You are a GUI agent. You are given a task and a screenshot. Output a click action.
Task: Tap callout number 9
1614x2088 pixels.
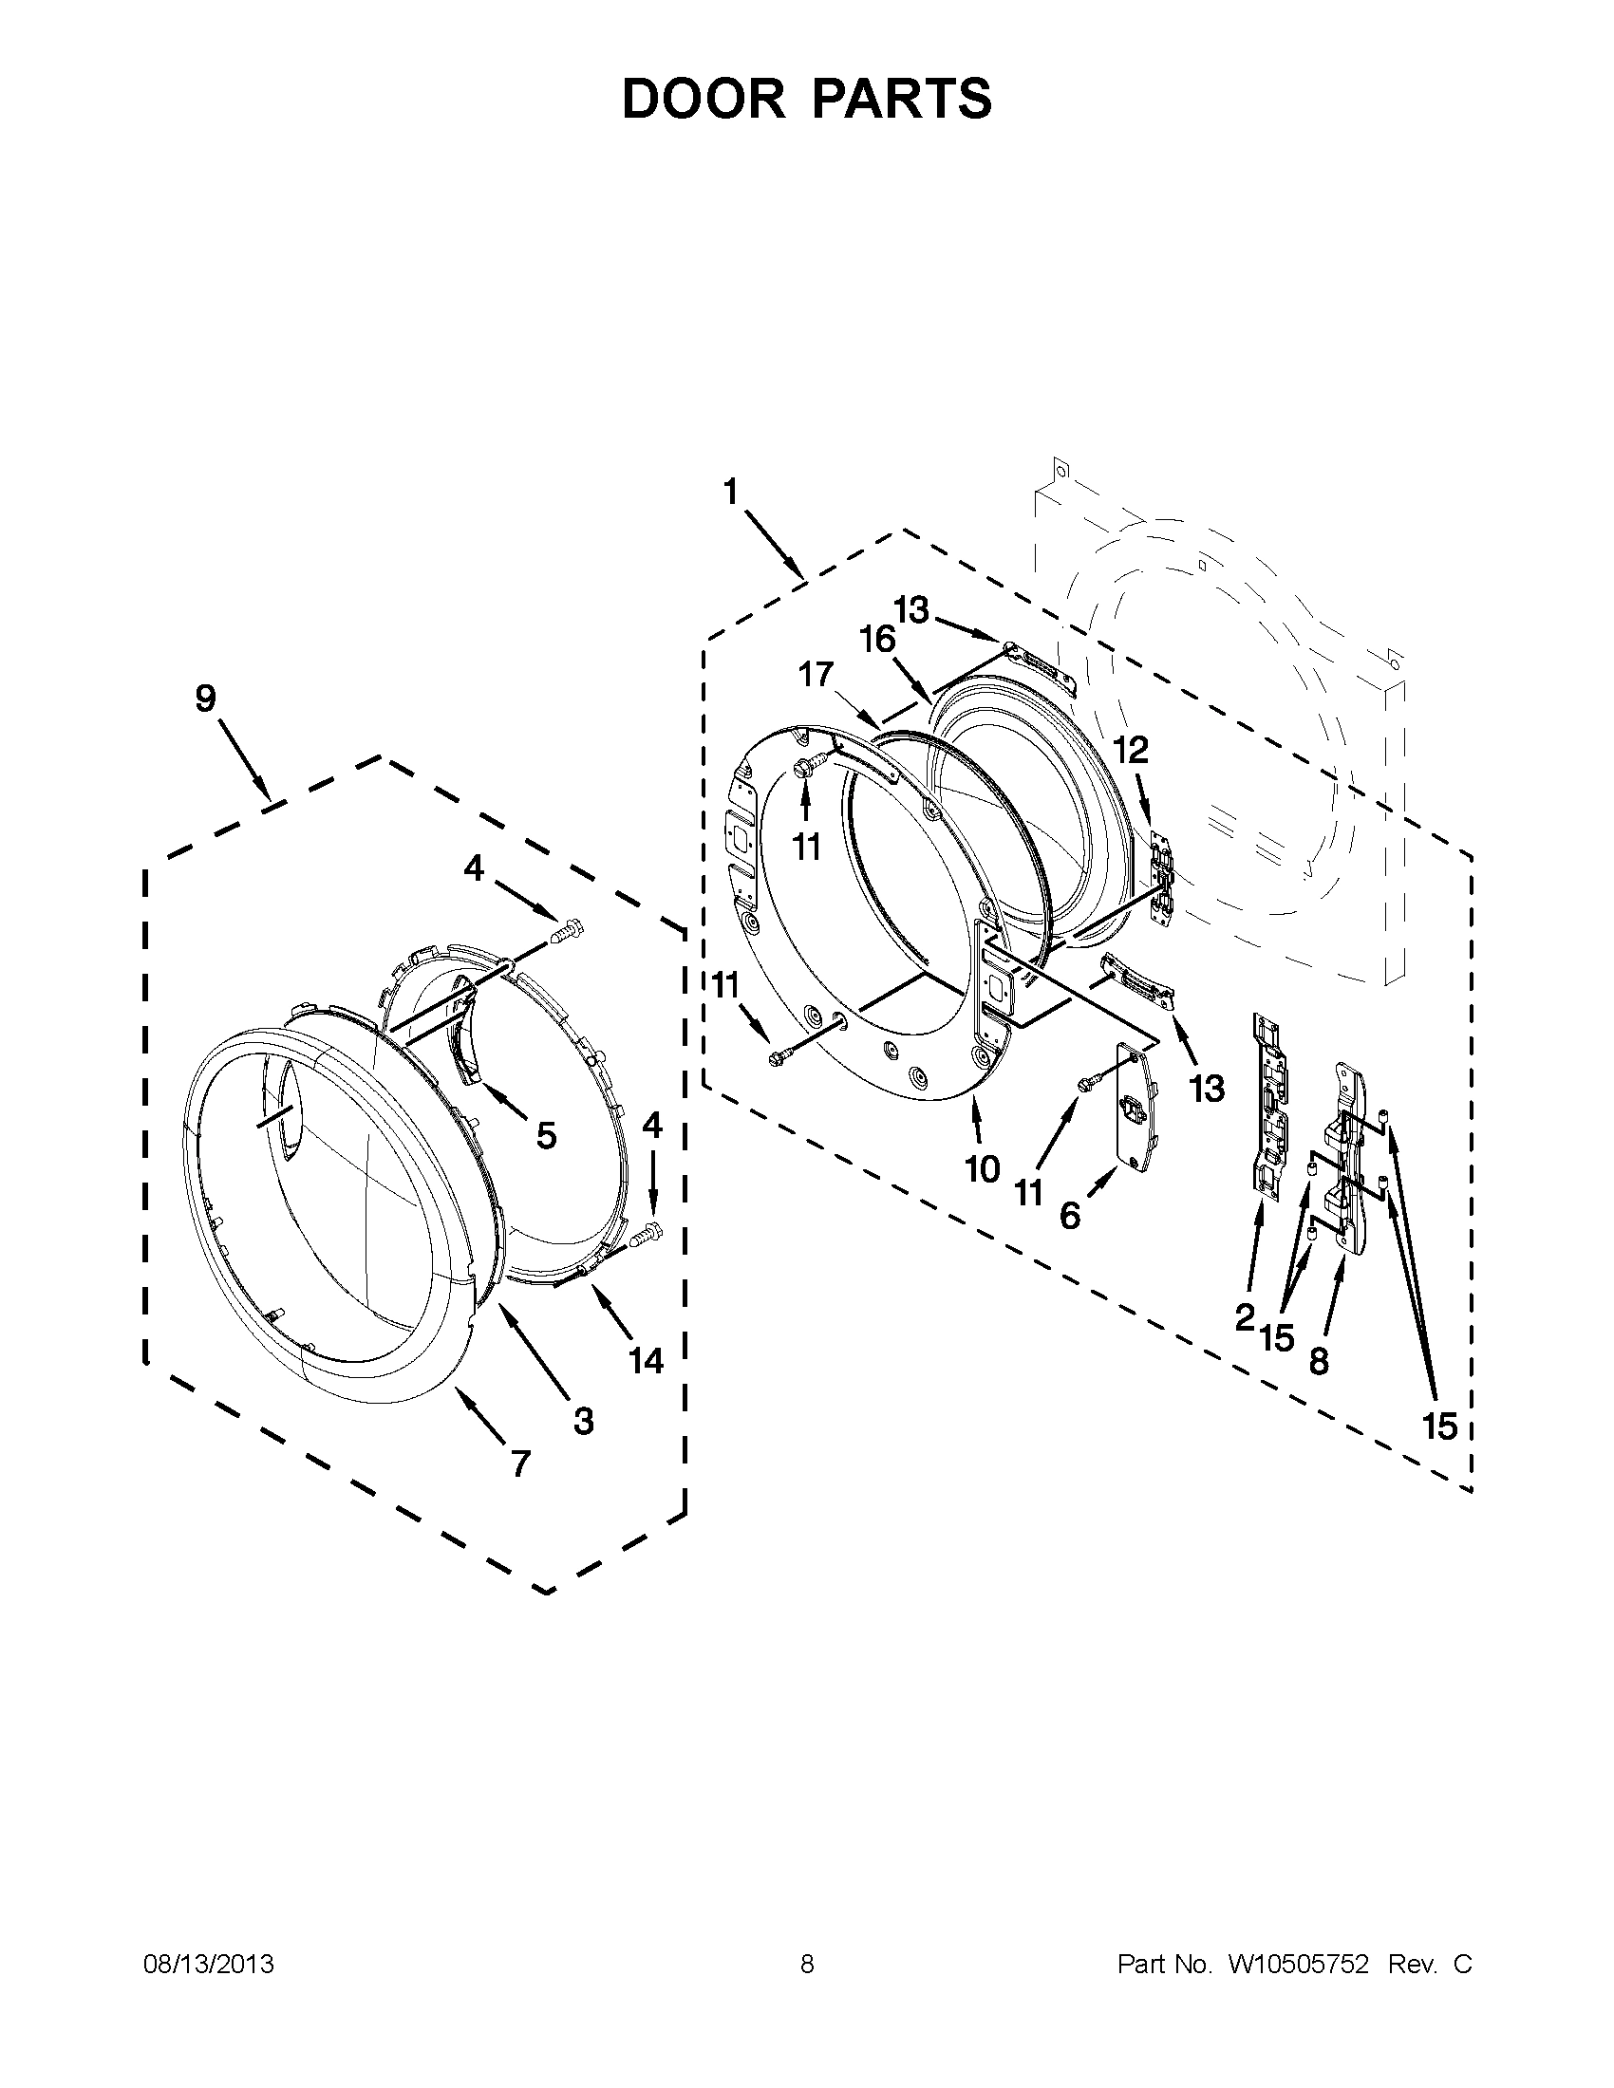206,699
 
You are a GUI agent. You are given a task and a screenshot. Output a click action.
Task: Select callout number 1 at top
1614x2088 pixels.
730,493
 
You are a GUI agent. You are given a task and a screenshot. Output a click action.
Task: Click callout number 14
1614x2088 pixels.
647,1359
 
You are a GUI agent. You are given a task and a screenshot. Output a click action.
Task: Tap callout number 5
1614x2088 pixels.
546,1136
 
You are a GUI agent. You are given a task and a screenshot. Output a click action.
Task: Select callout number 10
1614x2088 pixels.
982,1168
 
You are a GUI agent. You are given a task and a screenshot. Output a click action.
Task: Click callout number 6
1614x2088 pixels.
1070,1216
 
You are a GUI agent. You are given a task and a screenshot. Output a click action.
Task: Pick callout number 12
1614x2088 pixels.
1131,751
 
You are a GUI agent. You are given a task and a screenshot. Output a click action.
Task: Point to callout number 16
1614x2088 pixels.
877,640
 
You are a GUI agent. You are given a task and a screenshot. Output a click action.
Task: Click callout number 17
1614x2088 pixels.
816,675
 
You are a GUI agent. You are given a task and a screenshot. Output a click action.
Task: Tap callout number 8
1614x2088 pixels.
1319,1360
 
